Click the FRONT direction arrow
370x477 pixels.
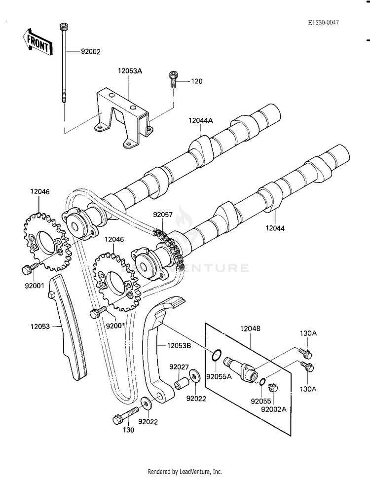click(x=37, y=41)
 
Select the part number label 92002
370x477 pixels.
click(x=91, y=52)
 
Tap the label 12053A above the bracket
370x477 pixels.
click(x=130, y=71)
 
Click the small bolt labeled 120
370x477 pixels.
click(x=173, y=79)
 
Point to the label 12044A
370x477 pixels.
click(x=200, y=120)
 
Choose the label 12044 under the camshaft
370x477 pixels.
click(x=275, y=228)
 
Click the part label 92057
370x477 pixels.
click(x=163, y=215)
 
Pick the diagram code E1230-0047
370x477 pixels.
click(x=323, y=22)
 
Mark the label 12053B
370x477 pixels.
click(x=179, y=346)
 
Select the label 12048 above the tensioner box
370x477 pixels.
click(x=250, y=329)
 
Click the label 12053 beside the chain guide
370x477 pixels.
click(x=40, y=327)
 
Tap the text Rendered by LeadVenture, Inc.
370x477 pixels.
click(x=185, y=472)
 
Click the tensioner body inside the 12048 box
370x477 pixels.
click(x=241, y=368)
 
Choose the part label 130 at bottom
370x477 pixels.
click(x=128, y=430)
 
